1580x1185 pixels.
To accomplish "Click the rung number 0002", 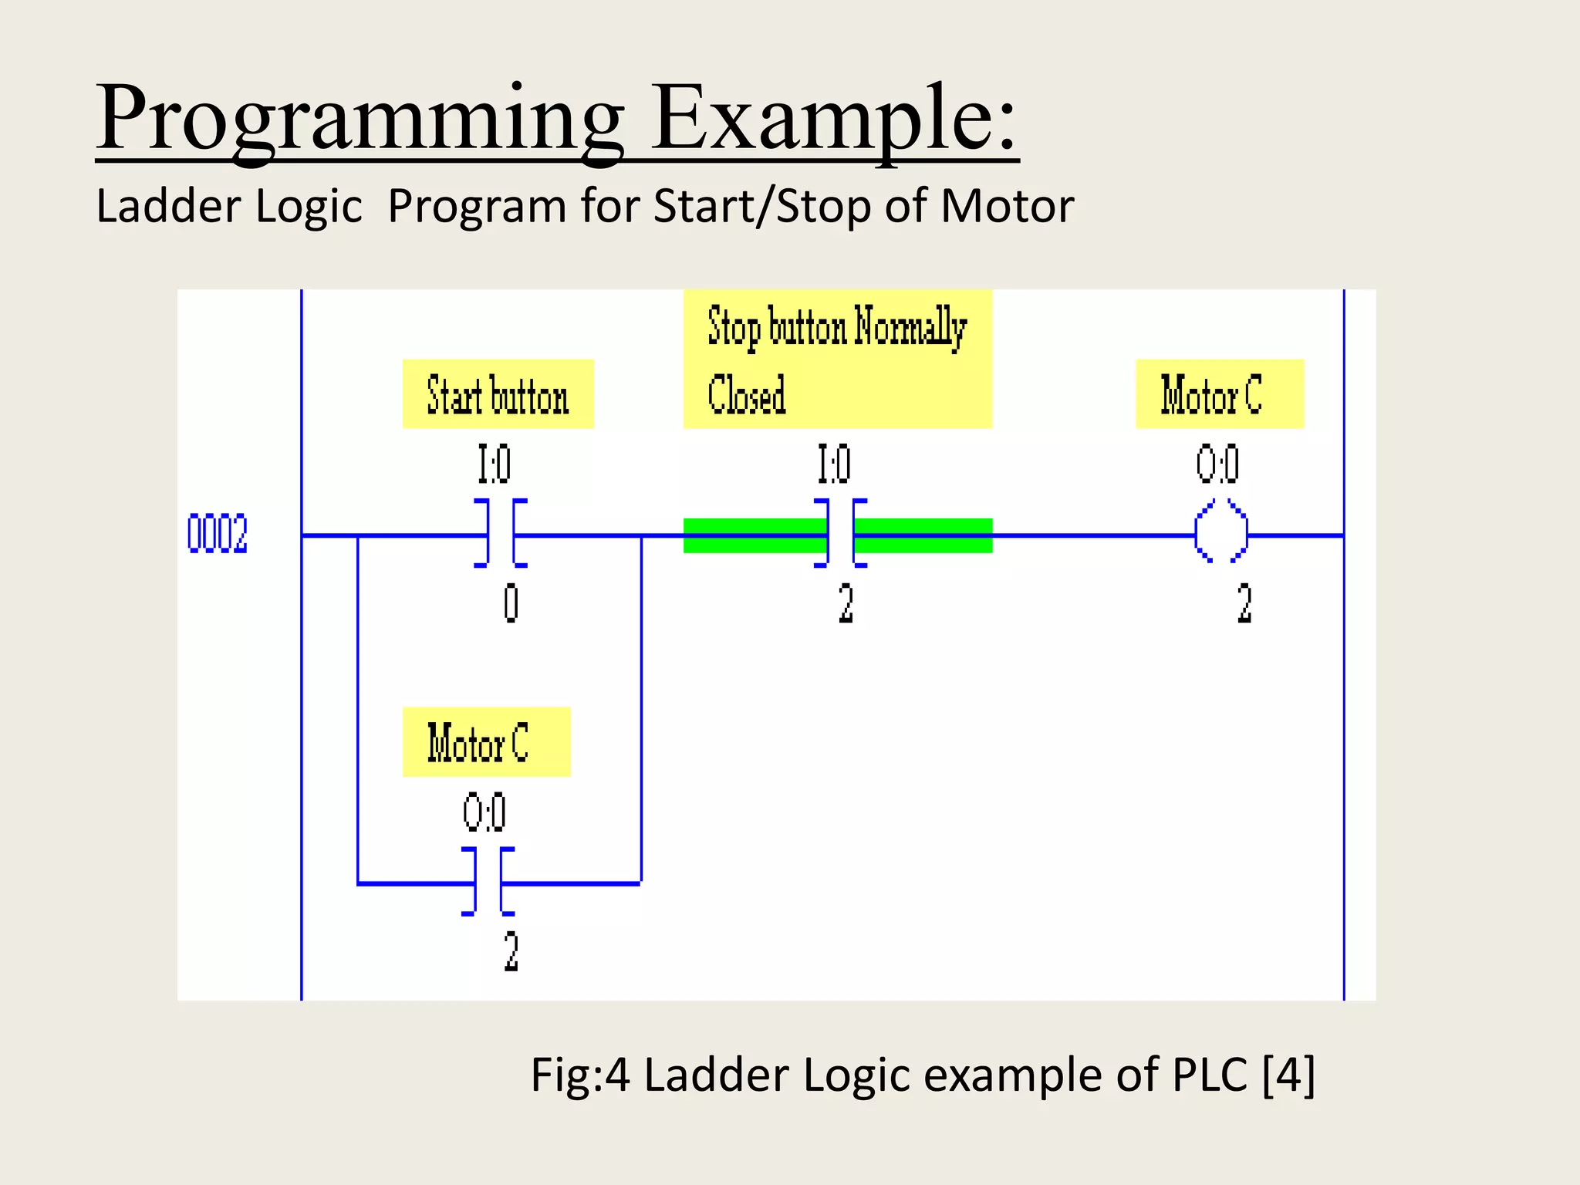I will click(218, 534).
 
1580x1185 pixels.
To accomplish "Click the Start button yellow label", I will click(498, 394).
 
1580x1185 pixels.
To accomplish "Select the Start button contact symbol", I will click(501, 534).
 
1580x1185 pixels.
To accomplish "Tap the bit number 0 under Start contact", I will click(511, 603).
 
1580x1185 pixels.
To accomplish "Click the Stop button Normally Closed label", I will click(837, 360).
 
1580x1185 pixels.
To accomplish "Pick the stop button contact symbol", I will click(840, 534).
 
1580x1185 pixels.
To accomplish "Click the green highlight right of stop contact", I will click(923, 535).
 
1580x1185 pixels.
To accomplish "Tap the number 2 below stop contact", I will click(846, 603).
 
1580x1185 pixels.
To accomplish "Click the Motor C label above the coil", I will click(1219, 394).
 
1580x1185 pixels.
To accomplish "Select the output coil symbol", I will click(1221, 532).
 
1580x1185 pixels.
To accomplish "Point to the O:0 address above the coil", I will click(1217, 464).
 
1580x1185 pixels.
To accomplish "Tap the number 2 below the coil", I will click(1244, 603).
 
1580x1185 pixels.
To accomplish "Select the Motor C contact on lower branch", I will click(488, 882).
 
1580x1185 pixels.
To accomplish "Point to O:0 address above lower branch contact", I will click(484, 812).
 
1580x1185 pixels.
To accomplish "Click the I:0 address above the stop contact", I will click(835, 464).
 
